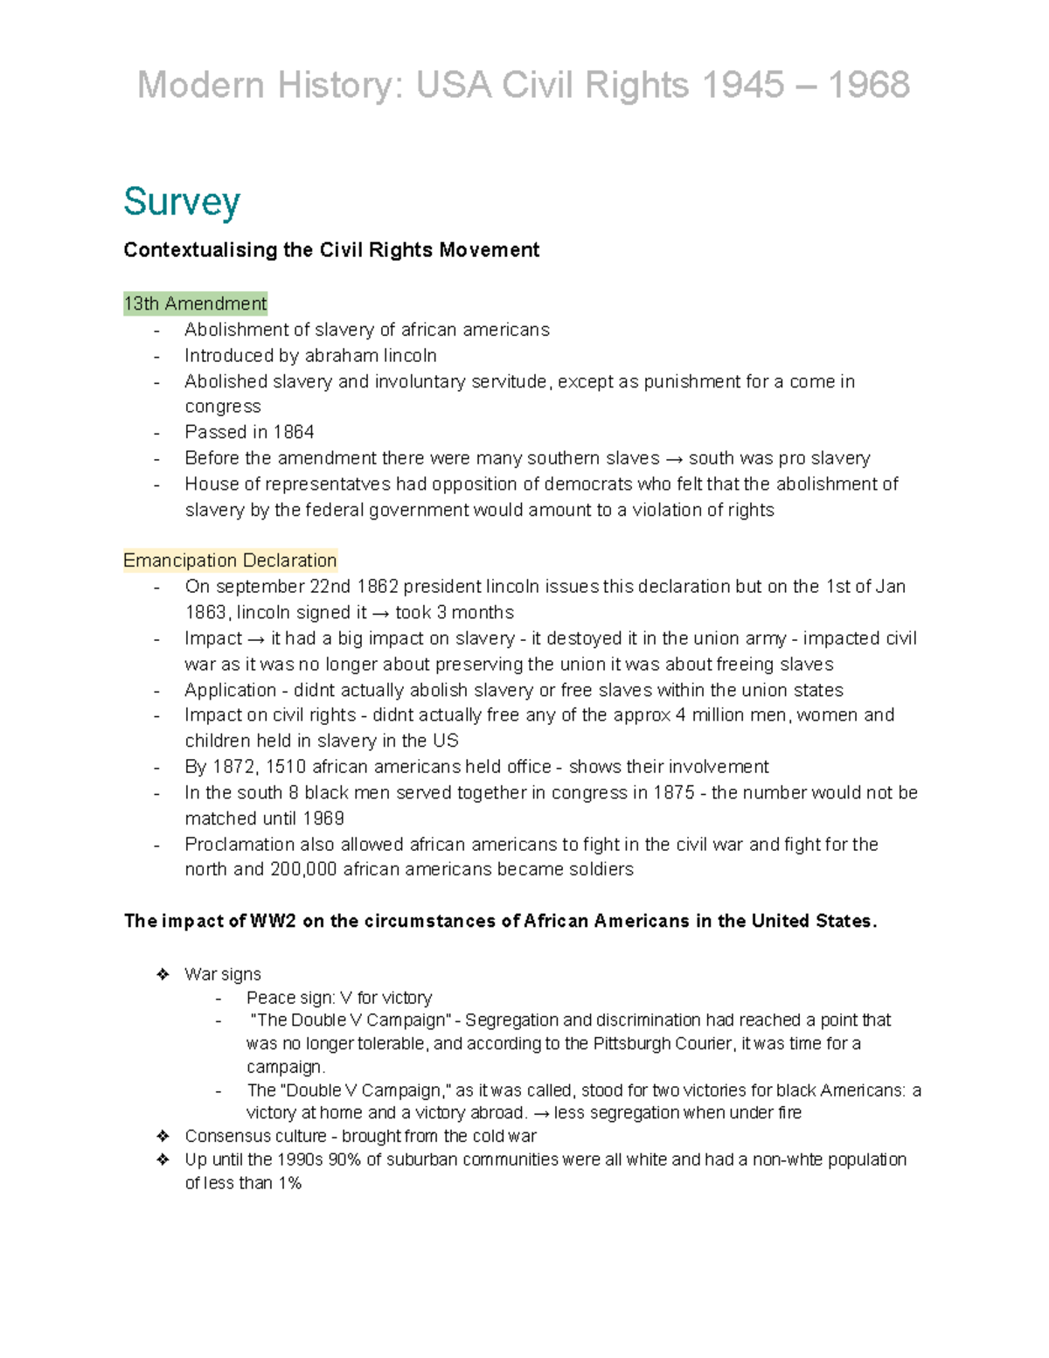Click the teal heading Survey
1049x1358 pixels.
pos(181,202)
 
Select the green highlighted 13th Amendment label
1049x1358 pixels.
pos(195,303)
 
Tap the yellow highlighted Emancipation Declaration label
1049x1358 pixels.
pos(230,561)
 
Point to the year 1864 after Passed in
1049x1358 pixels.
pos(293,432)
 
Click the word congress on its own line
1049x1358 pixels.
pos(222,407)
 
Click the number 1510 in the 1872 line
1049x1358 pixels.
pos(285,767)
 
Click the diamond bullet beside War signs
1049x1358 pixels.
pos(162,974)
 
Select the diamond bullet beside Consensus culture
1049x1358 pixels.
pos(162,1136)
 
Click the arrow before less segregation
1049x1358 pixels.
pos(541,1113)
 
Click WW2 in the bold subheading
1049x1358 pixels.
pos(273,921)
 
